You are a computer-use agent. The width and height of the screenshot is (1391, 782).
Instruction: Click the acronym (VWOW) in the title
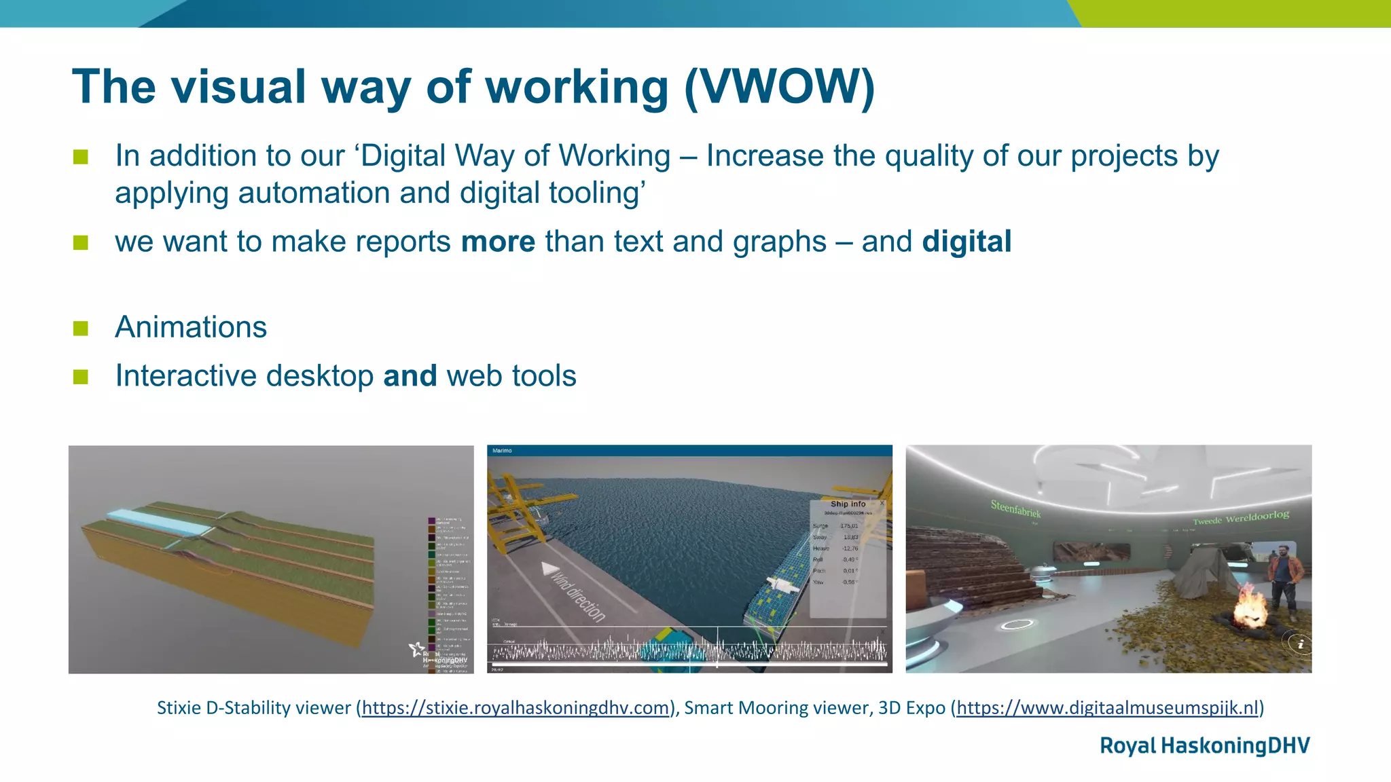coord(780,87)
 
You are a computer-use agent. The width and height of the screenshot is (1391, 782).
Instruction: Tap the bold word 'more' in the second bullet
coord(498,242)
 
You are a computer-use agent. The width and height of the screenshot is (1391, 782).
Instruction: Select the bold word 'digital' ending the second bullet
coord(967,242)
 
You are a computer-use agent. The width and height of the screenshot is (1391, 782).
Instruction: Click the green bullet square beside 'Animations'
coord(81,328)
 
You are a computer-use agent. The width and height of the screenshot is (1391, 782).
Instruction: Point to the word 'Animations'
coord(191,327)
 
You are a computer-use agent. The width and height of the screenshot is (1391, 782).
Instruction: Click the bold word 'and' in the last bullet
coord(410,376)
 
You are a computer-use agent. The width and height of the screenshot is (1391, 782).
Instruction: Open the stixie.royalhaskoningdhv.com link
coord(516,708)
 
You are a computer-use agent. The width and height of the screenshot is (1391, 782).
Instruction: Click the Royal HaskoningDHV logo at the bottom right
coord(1204,745)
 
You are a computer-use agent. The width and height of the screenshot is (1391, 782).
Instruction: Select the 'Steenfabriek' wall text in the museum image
coord(1015,508)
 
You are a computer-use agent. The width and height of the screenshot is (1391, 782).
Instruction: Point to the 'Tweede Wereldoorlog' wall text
coord(1240,517)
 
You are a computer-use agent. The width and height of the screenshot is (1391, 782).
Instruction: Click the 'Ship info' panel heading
coord(848,504)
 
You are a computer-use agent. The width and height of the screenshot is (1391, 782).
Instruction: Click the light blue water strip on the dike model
coord(158,523)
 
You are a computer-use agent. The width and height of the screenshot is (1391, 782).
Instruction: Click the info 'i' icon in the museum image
coord(1299,644)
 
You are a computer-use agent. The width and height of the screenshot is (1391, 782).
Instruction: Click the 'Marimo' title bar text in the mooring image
coord(502,451)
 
